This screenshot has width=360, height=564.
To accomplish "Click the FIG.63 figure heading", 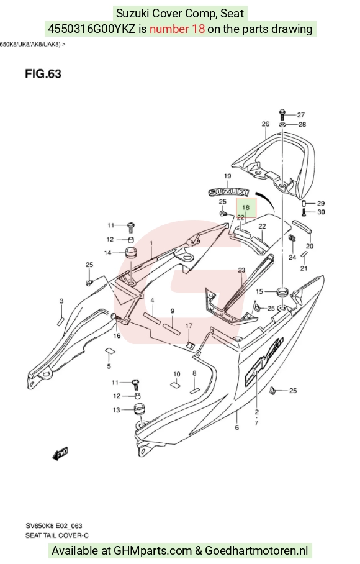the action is [x=43, y=74].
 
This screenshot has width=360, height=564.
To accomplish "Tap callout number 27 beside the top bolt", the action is [x=300, y=115].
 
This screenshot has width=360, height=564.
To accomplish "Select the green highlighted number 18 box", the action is [x=246, y=207].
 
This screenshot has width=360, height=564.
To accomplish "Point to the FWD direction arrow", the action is [x=60, y=454].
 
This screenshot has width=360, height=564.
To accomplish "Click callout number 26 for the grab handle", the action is [x=265, y=124].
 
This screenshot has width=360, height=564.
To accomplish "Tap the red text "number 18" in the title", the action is [x=177, y=29].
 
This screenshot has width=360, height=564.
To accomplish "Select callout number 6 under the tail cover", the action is [x=237, y=427].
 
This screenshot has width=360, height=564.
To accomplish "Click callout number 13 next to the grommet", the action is [x=117, y=410].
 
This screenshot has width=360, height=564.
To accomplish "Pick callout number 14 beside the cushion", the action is [x=108, y=253].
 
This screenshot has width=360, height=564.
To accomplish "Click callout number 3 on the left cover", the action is [x=61, y=301].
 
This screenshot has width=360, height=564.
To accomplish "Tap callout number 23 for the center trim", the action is [x=241, y=270].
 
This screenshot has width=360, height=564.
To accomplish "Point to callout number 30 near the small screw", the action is [x=321, y=212].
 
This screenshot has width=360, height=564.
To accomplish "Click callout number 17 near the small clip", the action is [x=189, y=326].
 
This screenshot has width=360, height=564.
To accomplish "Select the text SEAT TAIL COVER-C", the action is [x=57, y=535].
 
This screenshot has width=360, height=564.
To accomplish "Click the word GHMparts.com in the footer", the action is [x=153, y=550].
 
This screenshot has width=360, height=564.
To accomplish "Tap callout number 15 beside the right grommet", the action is [x=259, y=291].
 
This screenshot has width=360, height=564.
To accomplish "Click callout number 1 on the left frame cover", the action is [x=151, y=243].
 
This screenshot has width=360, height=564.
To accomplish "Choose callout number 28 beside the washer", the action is [x=302, y=124].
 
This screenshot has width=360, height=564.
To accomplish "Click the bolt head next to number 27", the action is [x=282, y=114].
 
